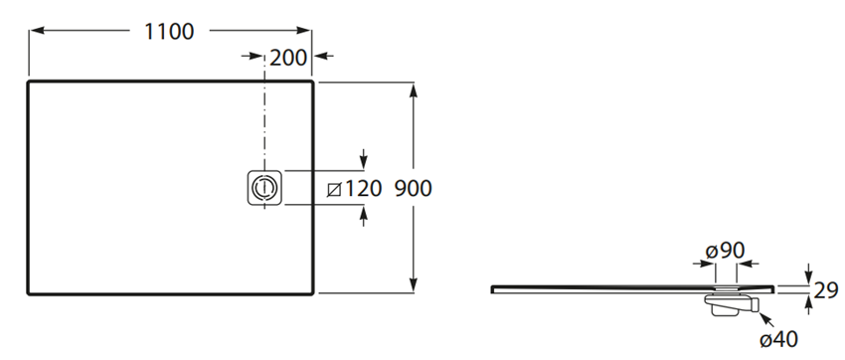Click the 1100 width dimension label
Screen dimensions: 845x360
[x=168, y=31]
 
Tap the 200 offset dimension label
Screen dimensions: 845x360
[x=288, y=58]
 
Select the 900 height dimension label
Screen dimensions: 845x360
[x=414, y=188]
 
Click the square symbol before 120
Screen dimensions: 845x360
[x=335, y=189]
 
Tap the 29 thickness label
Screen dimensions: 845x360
[x=825, y=290]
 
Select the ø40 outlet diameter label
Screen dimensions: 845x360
[x=778, y=340]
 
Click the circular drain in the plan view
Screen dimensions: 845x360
[x=264, y=186]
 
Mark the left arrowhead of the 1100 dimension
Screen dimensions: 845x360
[x=33, y=31]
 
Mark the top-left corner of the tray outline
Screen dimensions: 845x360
[x=28, y=83]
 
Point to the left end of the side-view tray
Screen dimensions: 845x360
[x=493, y=288]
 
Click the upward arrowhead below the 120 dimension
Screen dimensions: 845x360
[x=364, y=211]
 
